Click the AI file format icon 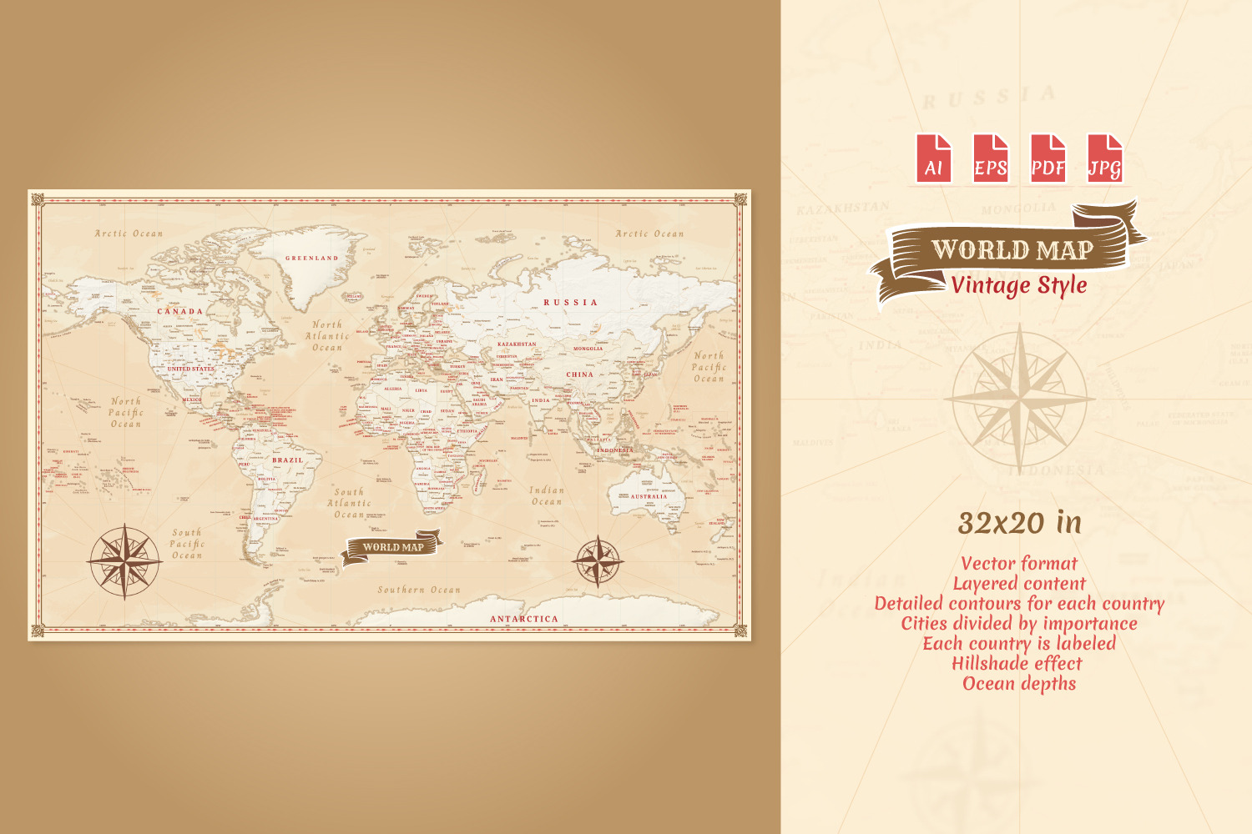coord(933,158)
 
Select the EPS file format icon coord(991,158)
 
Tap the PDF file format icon coord(1048,158)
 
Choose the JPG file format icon coord(1104,158)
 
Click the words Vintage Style coord(1019,285)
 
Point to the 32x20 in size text coord(1019,523)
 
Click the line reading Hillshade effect coord(1017,664)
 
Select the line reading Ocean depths coord(1019,684)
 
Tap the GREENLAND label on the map coord(312,259)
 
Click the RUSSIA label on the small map coord(571,303)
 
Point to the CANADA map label coord(180,311)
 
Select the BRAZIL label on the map coord(288,460)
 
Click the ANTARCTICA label coord(523,619)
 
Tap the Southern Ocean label coord(419,590)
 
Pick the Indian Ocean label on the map coord(547,496)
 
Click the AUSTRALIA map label coord(649,496)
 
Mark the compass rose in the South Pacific coord(124,561)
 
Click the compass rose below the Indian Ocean coord(598,560)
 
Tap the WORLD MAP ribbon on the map coord(392,548)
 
